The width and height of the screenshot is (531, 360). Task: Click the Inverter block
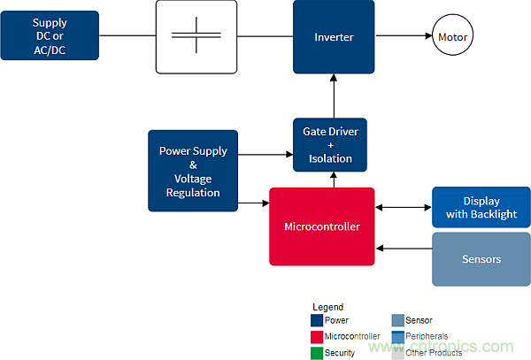pos(334,37)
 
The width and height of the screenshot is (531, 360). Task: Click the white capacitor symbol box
pos(196,36)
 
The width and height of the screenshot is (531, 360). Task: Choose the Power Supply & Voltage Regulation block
pos(193,172)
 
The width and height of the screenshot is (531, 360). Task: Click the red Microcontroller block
pos(321,226)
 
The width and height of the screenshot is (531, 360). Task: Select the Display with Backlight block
pos(481,208)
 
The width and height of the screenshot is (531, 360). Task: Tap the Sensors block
pos(481,259)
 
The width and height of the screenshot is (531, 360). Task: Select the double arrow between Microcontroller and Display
pos(403,208)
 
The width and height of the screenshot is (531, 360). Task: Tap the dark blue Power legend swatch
pos(317,320)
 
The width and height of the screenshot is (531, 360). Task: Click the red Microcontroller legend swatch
pos(317,336)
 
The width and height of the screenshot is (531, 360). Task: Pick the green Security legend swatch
pos(317,352)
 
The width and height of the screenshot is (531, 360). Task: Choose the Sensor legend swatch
pos(398,320)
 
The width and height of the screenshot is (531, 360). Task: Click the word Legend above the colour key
pos(327,307)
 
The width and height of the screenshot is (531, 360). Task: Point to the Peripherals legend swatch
pos(398,336)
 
